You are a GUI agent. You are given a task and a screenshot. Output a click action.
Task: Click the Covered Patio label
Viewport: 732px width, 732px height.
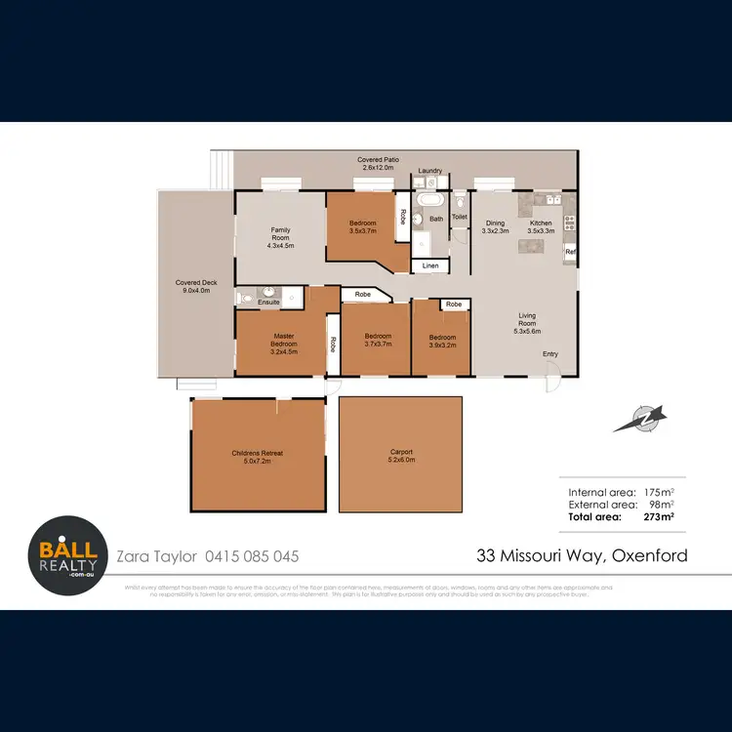pos(377,160)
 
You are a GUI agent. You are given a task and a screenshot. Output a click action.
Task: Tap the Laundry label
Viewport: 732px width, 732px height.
pos(430,171)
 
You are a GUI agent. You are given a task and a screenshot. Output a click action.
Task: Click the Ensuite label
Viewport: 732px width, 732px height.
pos(269,303)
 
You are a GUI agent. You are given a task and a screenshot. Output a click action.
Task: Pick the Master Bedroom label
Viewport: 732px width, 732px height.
pos(284,341)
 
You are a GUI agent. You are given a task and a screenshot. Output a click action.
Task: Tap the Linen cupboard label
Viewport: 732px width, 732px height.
pos(430,265)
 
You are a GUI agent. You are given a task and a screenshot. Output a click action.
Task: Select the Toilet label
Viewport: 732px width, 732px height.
pos(459,218)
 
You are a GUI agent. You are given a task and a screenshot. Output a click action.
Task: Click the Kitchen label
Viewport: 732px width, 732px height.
pos(541,224)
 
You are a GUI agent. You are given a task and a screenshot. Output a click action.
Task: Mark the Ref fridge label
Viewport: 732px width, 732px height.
pos(570,253)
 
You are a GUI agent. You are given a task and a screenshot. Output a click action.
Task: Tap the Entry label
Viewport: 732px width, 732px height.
pos(551,353)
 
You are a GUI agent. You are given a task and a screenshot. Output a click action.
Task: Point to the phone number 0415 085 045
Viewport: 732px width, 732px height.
pos(252,556)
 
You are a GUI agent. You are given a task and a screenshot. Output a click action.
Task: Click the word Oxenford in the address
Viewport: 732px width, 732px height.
pos(651,556)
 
